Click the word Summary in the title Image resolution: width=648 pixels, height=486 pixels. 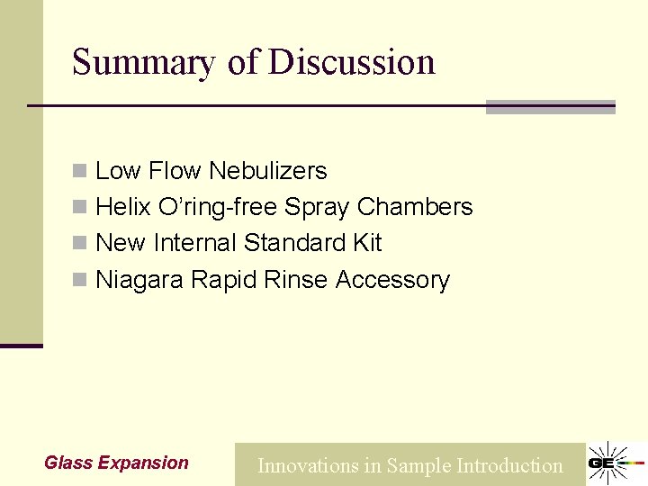[x=144, y=63]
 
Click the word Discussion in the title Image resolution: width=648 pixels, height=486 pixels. [x=352, y=63]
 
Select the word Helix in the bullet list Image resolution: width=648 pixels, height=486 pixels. [x=123, y=207]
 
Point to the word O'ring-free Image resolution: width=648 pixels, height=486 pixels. [x=218, y=207]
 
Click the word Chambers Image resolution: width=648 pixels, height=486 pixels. [x=414, y=207]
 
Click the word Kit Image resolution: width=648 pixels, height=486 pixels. [x=366, y=243]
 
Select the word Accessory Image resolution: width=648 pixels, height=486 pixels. [x=392, y=280]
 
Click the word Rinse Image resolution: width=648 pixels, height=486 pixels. [x=296, y=280]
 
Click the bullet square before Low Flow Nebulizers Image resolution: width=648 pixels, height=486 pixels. [x=79, y=171]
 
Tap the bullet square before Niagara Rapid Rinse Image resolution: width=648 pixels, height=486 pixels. [x=79, y=281]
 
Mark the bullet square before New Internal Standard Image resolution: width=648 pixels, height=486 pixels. [x=79, y=244]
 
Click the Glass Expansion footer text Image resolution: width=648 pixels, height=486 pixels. [x=116, y=463]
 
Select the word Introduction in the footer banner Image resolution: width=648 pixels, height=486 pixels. [x=509, y=466]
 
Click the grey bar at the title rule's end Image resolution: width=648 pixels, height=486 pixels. [x=550, y=107]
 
